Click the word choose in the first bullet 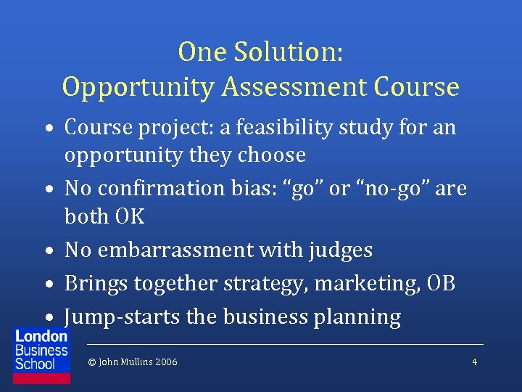coord(270,155)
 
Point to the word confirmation coord(169,189)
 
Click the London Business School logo coord(41,349)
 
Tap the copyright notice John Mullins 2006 coord(132,362)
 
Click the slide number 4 coord(474,362)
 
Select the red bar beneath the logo coord(41,378)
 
